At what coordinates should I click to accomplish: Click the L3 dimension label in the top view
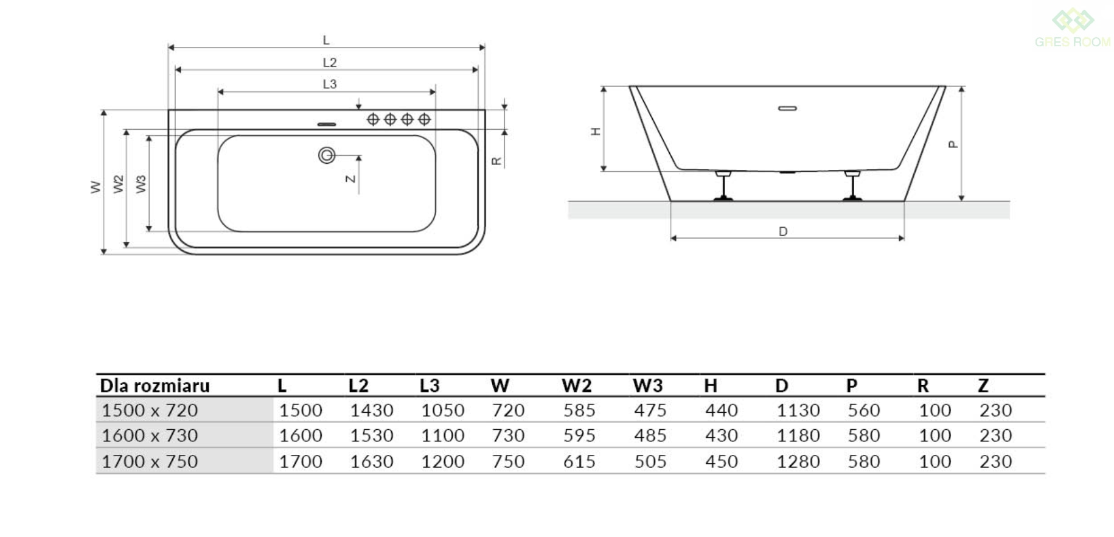click(x=329, y=84)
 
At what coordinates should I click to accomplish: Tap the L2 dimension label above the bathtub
click(x=329, y=62)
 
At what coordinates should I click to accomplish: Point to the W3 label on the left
click(x=141, y=184)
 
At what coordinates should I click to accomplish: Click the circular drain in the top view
click(x=327, y=155)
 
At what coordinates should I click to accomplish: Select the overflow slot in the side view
click(x=787, y=108)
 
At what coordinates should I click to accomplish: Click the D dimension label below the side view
click(x=783, y=231)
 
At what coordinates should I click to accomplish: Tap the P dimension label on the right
click(x=953, y=144)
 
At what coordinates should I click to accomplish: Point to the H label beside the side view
click(x=596, y=131)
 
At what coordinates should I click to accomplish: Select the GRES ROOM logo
click(x=1073, y=29)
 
